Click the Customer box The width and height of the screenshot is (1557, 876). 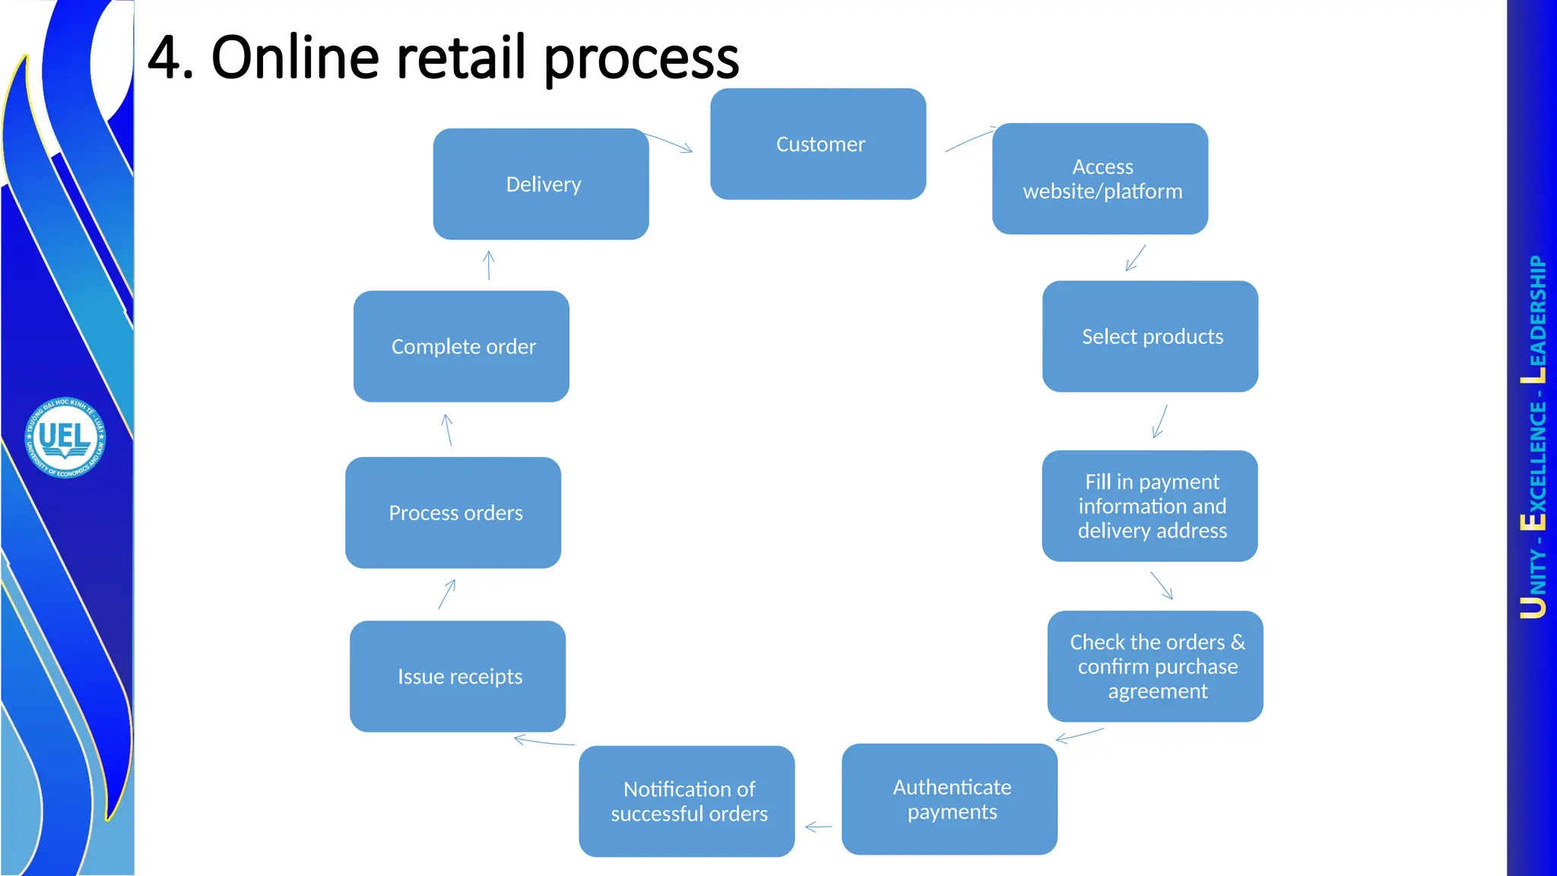click(818, 144)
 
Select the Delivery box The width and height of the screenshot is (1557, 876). click(541, 184)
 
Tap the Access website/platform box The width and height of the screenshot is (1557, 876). click(1100, 179)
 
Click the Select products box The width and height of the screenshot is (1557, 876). click(1150, 336)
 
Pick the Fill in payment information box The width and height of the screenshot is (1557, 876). click(1150, 506)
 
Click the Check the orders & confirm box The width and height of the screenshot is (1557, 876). click(1155, 666)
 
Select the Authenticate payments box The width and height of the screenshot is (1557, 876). click(950, 799)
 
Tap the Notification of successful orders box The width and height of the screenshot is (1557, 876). click(687, 801)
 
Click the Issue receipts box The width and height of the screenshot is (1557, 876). click(458, 676)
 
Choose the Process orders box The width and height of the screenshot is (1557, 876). click(453, 513)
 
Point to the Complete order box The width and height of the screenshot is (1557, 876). click(461, 346)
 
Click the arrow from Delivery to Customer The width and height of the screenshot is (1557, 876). click(669, 142)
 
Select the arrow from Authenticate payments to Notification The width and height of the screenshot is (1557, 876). click(818, 827)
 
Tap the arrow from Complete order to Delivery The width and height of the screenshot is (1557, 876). click(489, 265)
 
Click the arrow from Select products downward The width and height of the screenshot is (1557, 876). click(1159, 421)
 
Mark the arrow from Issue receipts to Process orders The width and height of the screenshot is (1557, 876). click(447, 594)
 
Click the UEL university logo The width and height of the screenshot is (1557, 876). click(65, 437)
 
